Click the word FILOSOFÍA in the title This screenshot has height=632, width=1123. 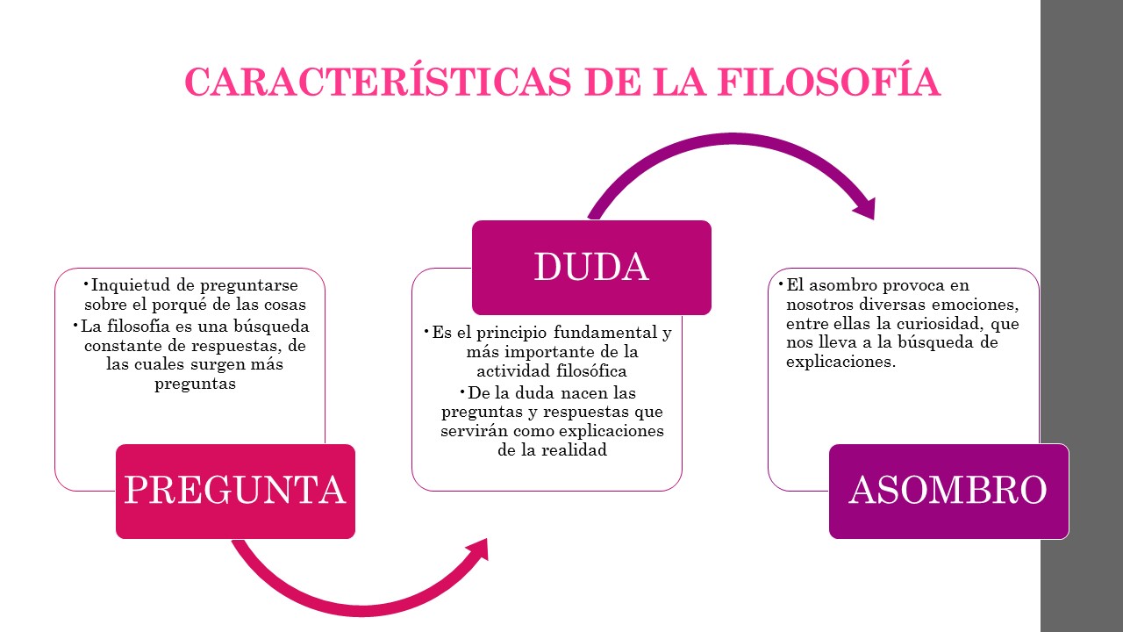click(829, 83)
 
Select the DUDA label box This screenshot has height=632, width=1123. click(591, 267)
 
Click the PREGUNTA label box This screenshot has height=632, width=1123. click(235, 491)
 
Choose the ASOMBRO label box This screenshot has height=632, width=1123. click(948, 491)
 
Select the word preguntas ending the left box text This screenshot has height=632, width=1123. click(195, 384)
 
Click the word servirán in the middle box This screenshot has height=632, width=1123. click(470, 431)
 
